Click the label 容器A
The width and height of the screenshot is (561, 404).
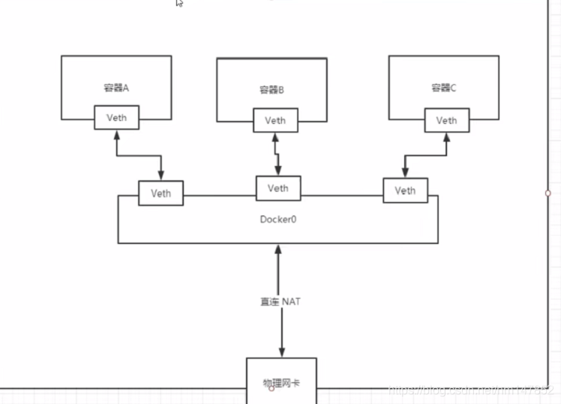116,88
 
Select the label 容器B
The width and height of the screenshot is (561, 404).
271,90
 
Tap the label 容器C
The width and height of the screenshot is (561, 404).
443,88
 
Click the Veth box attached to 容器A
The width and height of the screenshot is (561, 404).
115,118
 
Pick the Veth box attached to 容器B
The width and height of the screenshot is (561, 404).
274,120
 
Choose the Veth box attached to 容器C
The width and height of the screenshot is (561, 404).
445,120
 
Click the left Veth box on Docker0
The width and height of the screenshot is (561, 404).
160,193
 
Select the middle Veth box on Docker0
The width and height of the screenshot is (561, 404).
277,188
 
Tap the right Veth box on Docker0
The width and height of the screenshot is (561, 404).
404,191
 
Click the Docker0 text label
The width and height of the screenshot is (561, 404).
277,220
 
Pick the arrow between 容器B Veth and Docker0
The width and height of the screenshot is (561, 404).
276,154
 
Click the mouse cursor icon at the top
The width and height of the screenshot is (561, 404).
179,3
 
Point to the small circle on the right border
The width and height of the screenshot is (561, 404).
547,193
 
